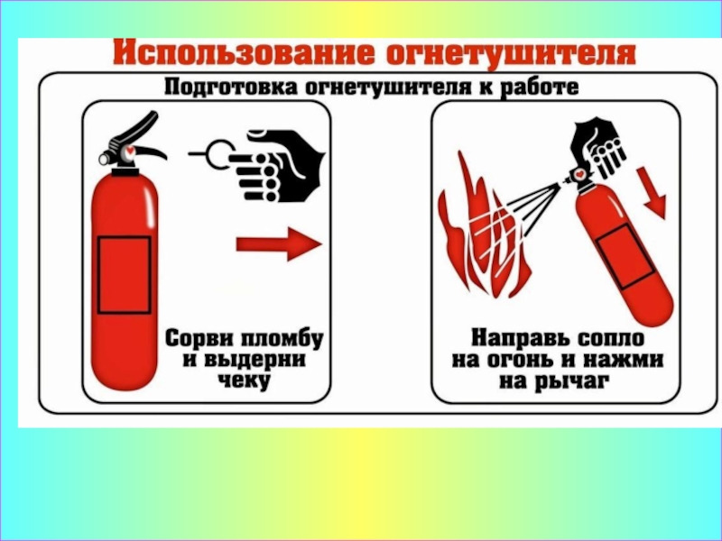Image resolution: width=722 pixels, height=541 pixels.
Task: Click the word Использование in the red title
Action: [x=244, y=53]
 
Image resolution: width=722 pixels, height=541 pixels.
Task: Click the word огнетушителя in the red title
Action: [x=511, y=54]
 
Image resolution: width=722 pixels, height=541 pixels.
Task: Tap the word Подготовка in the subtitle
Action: [x=231, y=87]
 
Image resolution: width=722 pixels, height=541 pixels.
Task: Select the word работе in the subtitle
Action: [x=539, y=87]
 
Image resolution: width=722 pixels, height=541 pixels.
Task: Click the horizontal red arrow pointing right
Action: [x=279, y=244]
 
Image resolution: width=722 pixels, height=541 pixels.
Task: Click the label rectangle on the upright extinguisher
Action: [x=125, y=275]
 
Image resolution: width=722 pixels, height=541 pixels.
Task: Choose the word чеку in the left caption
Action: [x=244, y=381]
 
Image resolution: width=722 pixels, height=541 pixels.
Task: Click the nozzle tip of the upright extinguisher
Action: [x=104, y=160]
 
